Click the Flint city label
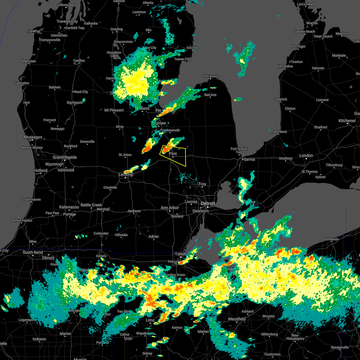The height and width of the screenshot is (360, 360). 173,154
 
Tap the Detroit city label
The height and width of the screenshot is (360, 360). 208,204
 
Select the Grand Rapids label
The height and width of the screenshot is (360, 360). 65,157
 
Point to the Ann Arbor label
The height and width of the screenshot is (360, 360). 170,208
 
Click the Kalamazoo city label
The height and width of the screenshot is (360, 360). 69,207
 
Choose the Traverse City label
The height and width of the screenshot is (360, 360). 67,21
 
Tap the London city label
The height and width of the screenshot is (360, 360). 306,155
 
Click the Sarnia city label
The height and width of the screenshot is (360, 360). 249,159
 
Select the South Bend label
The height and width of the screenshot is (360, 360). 33,252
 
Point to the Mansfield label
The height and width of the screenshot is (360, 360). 237,319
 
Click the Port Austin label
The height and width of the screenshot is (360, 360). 211,76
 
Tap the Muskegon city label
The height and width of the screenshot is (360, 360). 33,137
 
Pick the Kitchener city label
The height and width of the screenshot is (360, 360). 347,121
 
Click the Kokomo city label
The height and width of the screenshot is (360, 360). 39,339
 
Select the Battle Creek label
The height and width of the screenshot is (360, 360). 91,205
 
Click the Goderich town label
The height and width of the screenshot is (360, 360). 280,99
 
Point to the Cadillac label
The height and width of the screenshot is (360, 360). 79,61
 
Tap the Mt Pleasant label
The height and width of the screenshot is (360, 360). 114,110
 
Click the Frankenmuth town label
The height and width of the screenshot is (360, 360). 170,130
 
